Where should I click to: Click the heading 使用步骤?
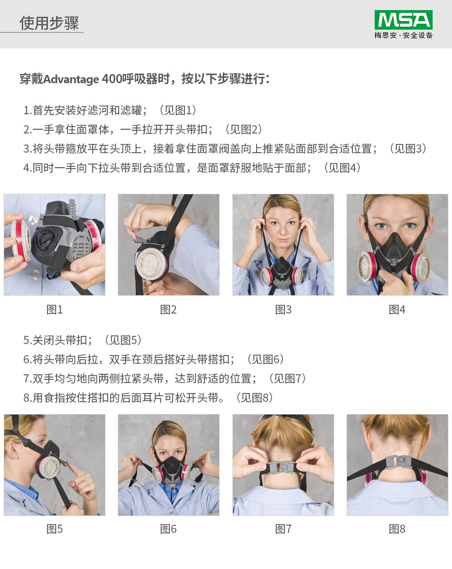click(x=49, y=22)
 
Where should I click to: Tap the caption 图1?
click(x=54, y=309)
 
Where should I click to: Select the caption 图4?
click(x=397, y=309)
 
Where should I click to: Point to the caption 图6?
click(x=168, y=529)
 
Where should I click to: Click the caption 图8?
click(x=397, y=529)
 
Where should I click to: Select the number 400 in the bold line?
click(x=111, y=79)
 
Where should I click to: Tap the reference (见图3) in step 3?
click(x=407, y=149)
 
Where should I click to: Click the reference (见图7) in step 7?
click(x=287, y=378)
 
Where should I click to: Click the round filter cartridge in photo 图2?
click(x=150, y=265)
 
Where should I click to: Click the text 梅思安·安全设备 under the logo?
click(x=403, y=35)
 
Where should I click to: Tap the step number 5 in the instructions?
click(x=26, y=340)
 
